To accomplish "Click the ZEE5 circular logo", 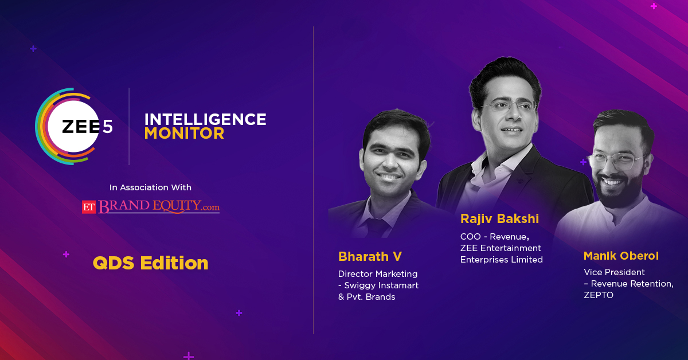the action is pos(74,126).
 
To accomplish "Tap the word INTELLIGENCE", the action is pos(205,119).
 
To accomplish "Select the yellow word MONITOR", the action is pos(184,134).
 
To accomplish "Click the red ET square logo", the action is pos(89,207).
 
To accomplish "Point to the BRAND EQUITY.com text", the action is pos(159,206).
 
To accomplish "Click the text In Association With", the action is pos(150,187).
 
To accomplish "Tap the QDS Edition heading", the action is pos(150,263).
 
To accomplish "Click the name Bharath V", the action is pos(370,256).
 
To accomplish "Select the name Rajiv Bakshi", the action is pos(499,219).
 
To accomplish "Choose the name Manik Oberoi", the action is pos(621,256).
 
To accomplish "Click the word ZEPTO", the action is pos(599,295).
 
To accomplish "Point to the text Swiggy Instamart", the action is pos(381,285).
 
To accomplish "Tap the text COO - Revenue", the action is pos(494,237).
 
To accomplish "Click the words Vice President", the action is pos(614,272).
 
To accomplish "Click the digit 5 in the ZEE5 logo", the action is pos(108,127).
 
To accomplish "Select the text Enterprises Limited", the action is pos(501,260).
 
